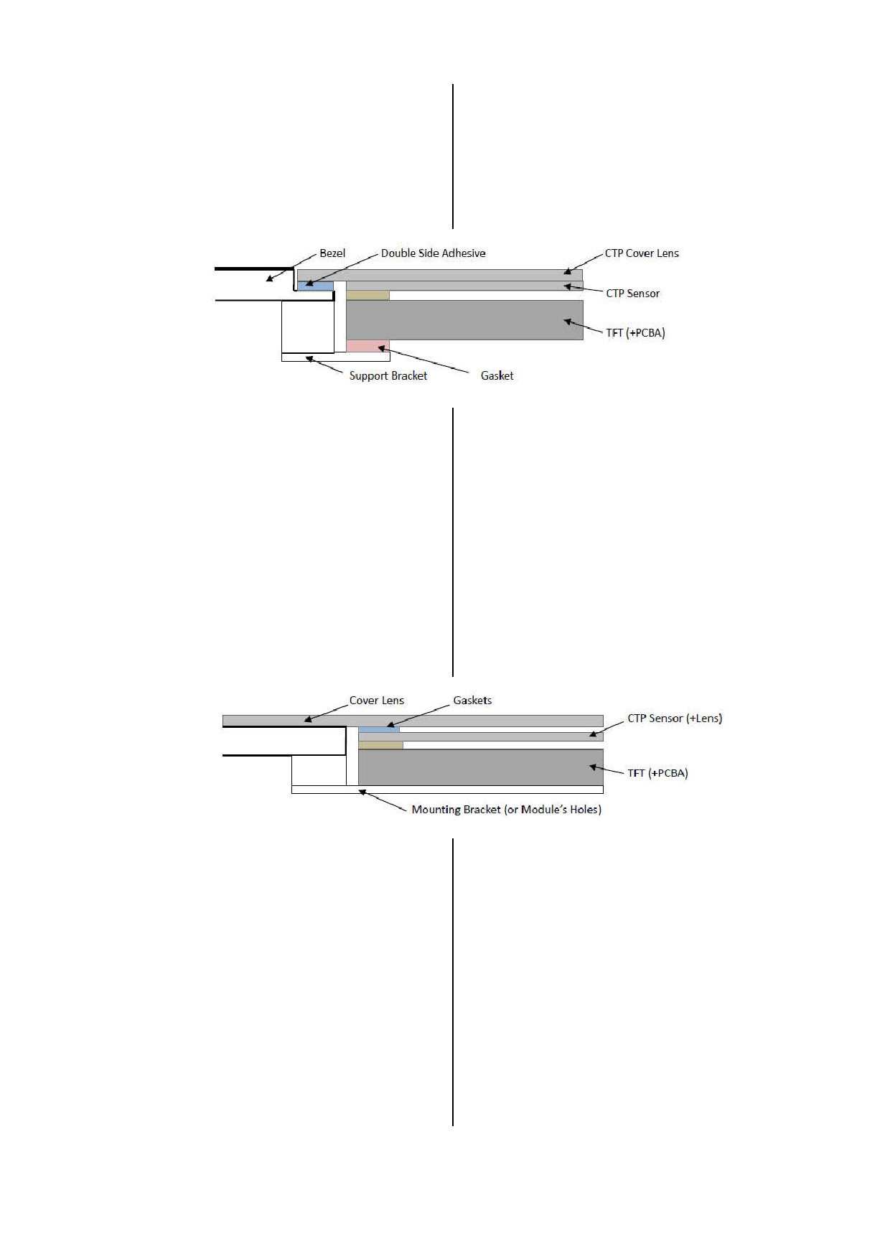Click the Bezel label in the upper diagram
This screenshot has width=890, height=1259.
point(332,253)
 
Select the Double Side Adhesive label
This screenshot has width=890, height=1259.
point(433,253)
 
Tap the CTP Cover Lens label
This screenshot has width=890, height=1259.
point(642,253)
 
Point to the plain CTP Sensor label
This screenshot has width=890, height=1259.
point(632,294)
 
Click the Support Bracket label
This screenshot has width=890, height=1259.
point(388,376)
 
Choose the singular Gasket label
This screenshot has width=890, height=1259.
point(497,376)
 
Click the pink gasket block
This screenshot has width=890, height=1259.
point(367,346)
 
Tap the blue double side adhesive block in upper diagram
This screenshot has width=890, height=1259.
point(316,286)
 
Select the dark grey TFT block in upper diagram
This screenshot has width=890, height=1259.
point(464,320)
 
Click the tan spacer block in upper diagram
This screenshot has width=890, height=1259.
point(367,295)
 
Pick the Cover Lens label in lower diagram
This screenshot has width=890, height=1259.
point(377,701)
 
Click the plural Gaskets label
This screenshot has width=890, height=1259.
point(472,701)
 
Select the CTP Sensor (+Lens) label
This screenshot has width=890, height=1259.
point(675,719)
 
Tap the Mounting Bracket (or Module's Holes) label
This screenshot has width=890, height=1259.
point(506,810)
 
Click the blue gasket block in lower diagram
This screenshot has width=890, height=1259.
point(379,729)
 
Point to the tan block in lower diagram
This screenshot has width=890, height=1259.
point(380,745)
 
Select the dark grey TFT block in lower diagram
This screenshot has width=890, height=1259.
point(481,767)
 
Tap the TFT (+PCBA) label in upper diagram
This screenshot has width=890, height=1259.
point(635,333)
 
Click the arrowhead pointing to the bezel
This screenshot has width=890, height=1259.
point(270,279)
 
